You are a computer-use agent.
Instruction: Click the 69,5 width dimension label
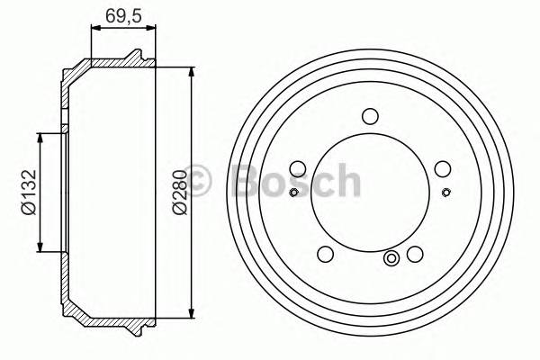click(123, 15)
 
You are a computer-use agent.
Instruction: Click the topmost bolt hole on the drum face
click(369, 115)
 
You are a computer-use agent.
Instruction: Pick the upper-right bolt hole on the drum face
click(441, 167)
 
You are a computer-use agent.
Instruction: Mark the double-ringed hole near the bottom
click(392, 259)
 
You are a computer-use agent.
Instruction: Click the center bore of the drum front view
click(369, 193)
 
